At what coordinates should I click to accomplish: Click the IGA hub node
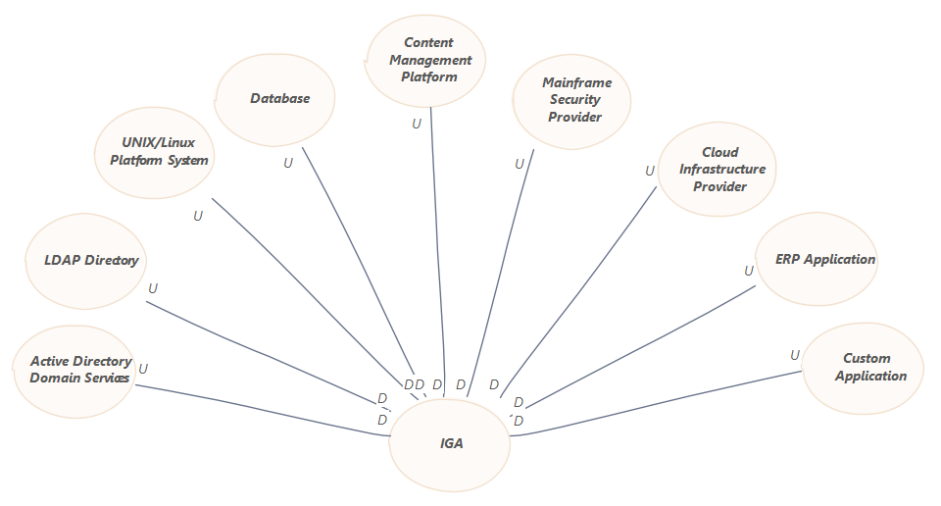[451, 443]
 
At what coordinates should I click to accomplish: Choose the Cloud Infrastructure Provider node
[720, 170]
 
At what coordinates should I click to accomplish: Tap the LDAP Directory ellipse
[86, 261]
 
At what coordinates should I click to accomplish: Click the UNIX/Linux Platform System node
[153, 151]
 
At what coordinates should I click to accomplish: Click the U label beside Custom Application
[795, 355]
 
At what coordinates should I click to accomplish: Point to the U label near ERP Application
[749, 271]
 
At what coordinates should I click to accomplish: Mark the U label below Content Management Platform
[417, 124]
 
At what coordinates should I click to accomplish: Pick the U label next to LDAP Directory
[153, 289]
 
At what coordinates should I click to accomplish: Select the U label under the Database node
[288, 163]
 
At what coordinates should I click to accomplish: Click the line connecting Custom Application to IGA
[657, 409]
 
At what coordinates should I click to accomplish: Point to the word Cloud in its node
[720, 152]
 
